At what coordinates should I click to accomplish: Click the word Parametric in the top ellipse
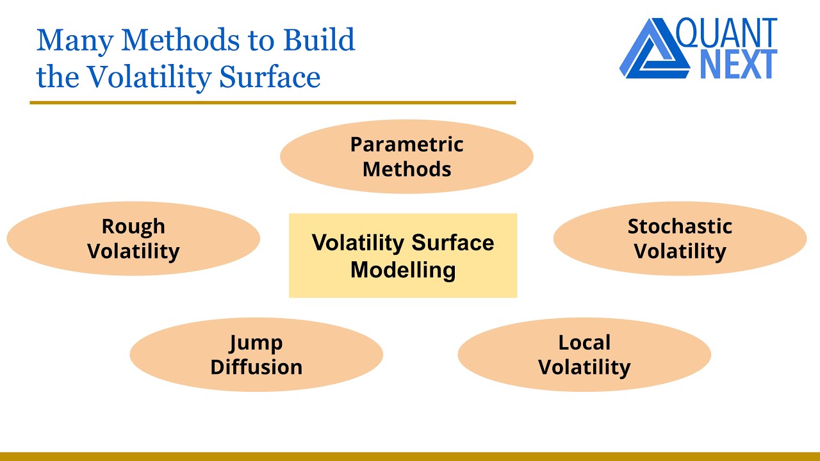point(406,145)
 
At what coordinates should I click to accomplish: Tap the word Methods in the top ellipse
point(406,170)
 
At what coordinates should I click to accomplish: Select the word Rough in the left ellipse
point(133,226)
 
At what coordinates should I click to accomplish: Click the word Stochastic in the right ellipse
point(680,226)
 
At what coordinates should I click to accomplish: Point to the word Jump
point(256,343)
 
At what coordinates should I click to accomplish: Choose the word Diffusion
point(256,368)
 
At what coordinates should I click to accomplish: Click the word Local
point(584,343)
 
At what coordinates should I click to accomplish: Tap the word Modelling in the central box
point(403,270)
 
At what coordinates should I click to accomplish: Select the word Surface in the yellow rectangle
point(453,243)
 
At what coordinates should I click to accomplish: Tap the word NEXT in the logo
point(738,64)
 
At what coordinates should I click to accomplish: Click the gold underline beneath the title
point(272,102)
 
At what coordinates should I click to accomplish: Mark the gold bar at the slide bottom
point(410,457)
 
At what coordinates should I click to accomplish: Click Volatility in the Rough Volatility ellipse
point(133,251)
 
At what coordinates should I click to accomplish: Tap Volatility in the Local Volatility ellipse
point(584,368)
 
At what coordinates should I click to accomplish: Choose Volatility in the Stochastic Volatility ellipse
point(680,251)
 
